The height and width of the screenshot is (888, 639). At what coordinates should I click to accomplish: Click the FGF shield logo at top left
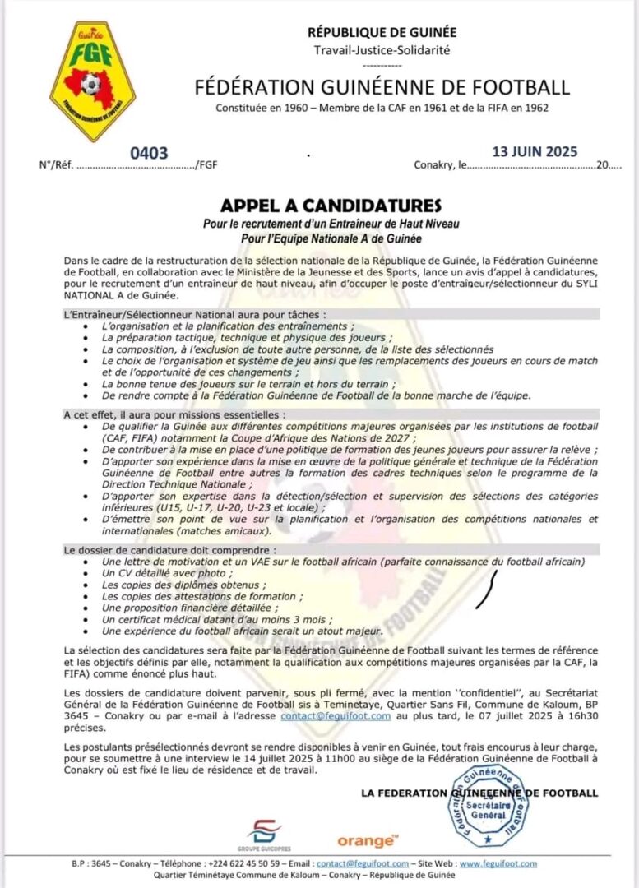pyautogui.click(x=92, y=80)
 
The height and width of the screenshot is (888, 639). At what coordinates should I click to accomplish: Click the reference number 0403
pyautogui.click(x=149, y=153)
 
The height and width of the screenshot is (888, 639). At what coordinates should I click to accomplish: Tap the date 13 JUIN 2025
pyautogui.click(x=535, y=151)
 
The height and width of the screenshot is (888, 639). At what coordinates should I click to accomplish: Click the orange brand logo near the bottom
pyautogui.click(x=367, y=840)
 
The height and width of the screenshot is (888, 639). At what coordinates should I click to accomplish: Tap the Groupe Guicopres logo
pyautogui.click(x=265, y=834)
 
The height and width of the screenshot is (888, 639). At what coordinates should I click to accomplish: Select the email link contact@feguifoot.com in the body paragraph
pyautogui.click(x=336, y=716)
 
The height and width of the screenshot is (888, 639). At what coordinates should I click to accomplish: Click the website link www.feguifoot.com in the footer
pyautogui.click(x=498, y=863)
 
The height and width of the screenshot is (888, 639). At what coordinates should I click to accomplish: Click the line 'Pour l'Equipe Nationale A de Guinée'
pyautogui.click(x=331, y=238)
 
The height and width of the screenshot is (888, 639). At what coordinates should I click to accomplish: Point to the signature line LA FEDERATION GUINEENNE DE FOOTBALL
pyautogui.click(x=479, y=793)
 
